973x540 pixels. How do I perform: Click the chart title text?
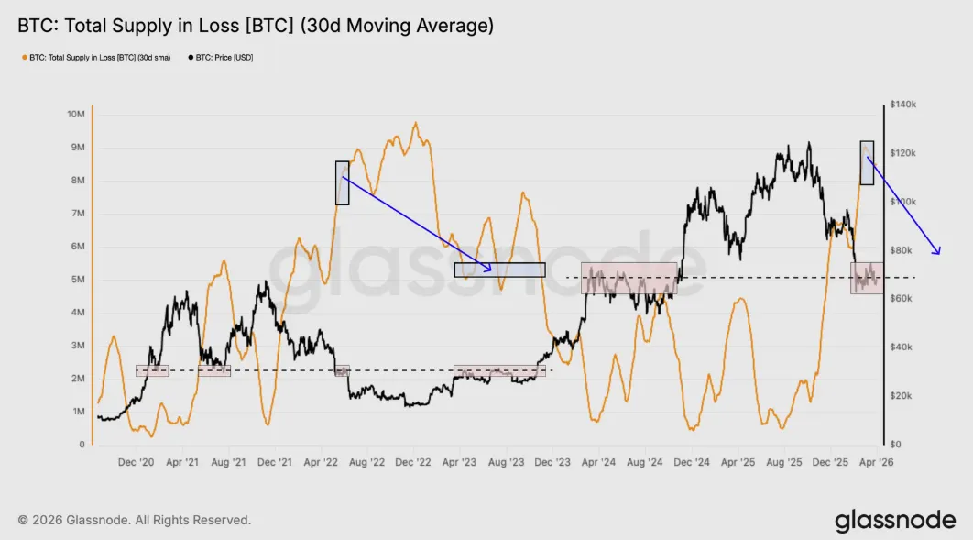coord(256,26)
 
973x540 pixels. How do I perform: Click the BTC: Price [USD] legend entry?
coord(220,57)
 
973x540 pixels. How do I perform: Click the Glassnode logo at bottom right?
coord(894,521)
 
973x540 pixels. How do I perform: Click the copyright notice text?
coord(134,520)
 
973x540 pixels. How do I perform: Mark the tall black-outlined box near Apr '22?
coord(342,182)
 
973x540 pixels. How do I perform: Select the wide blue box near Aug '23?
coord(499,270)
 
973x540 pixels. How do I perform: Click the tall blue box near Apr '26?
coord(867,162)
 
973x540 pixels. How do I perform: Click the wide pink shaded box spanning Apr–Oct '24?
coord(629,278)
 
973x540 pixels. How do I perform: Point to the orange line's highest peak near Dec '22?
coord(416,123)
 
